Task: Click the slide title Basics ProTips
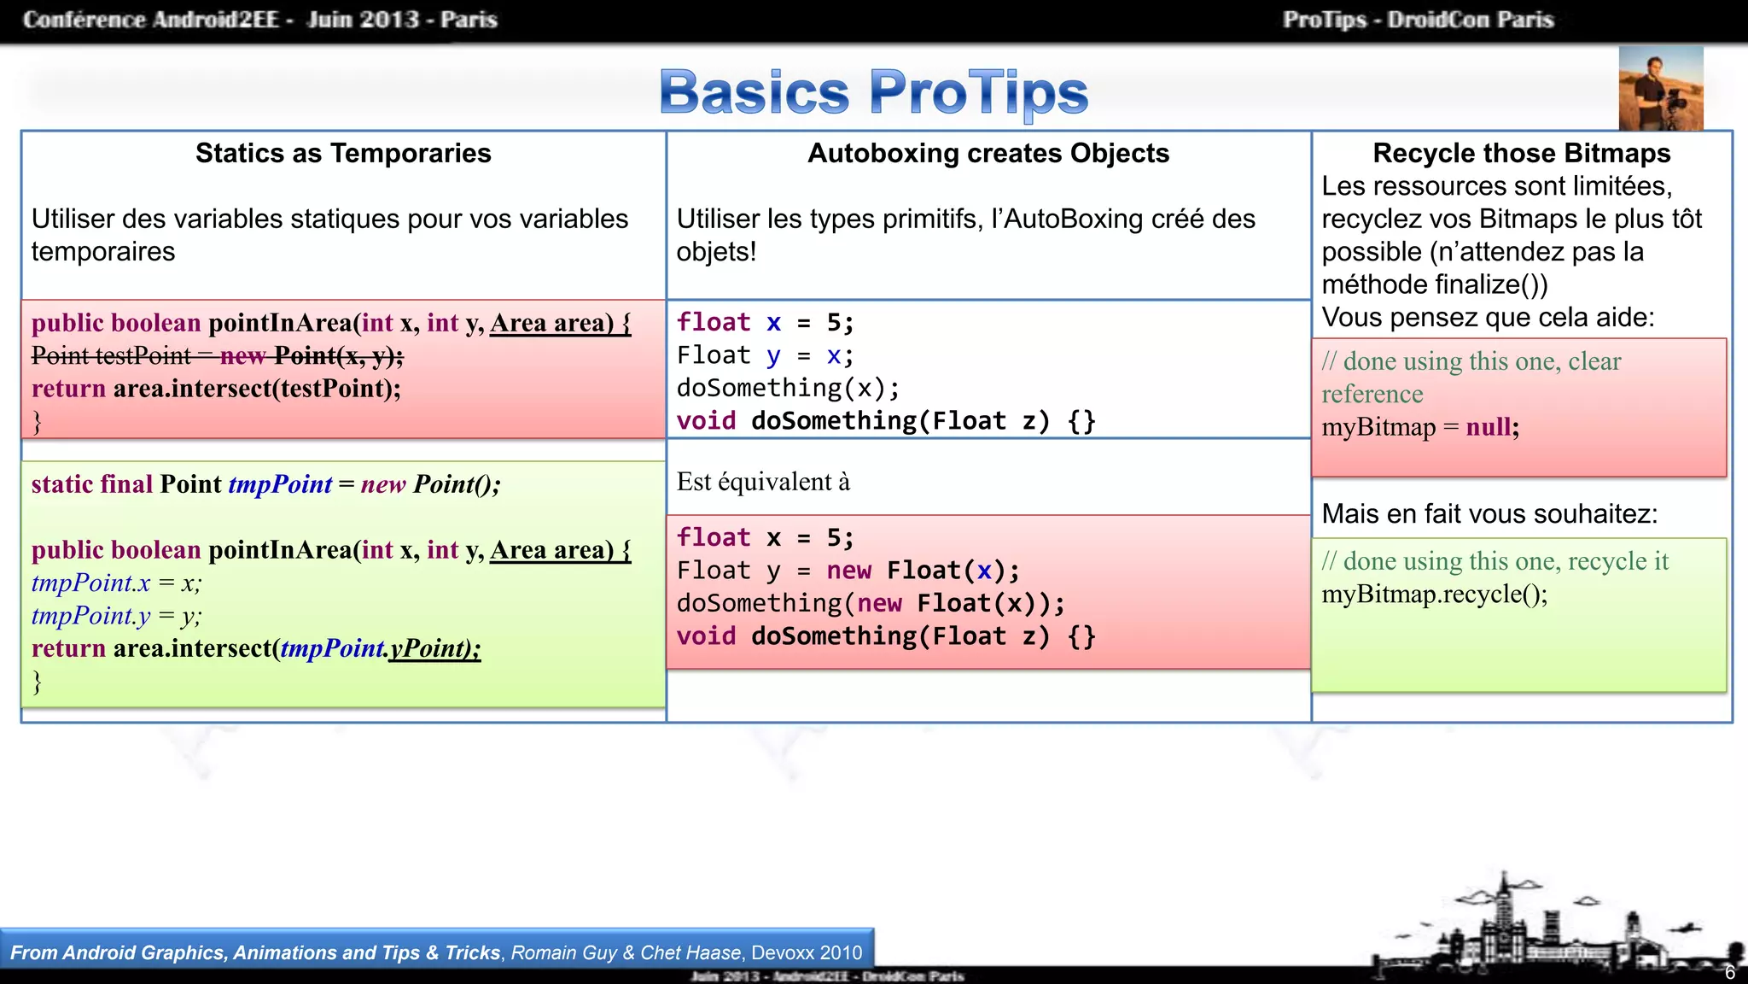(873, 92)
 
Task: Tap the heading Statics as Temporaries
(343, 153)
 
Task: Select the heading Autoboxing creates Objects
(988, 153)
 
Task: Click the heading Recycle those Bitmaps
(1521, 153)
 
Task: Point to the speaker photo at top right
(1660, 89)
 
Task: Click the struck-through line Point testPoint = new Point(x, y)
(217, 355)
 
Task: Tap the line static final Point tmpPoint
(265, 484)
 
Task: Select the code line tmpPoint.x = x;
(116, 583)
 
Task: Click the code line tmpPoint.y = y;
(116, 616)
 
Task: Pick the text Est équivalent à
(763, 482)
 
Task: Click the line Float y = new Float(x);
(848, 571)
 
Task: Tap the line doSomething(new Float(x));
(871, 603)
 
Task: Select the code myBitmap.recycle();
(1434, 594)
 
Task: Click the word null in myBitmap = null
(1489, 427)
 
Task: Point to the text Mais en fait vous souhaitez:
(1489, 514)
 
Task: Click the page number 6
(1729, 973)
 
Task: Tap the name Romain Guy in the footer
(563, 952)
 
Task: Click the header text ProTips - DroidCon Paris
(1418, 20)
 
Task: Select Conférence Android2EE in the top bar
(151, 20)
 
